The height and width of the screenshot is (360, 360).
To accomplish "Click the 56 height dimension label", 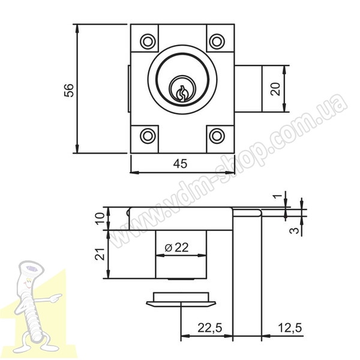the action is [x=69, y=90].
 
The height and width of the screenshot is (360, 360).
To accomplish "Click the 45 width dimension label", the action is [x=180, y=164].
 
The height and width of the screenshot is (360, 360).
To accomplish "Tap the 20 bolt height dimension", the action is [x=276, y=89].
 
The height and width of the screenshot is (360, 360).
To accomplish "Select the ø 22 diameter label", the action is [x=177, y=247].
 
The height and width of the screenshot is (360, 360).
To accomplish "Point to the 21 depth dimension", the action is [x=100, y=254].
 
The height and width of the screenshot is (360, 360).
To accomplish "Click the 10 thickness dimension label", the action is [x=100, y=219].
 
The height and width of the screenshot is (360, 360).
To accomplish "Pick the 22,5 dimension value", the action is [x=210, y=328].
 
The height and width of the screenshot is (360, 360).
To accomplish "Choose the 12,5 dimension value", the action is [x=290, y=328].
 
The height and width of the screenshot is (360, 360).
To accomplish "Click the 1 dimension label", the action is [x=278, y=196].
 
